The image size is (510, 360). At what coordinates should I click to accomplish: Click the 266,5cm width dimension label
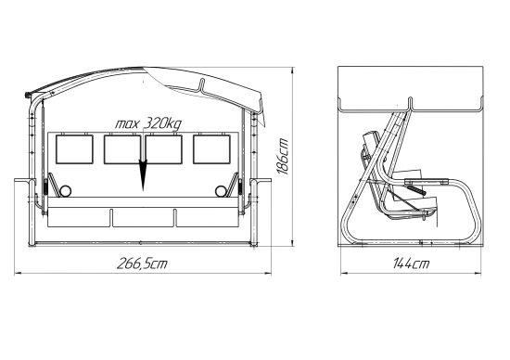coord(142,264)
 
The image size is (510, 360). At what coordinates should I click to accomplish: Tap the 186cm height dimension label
coord(283,157)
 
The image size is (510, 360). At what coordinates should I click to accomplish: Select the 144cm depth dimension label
coord(411,264)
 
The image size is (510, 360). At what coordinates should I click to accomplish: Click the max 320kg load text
coord(148,123)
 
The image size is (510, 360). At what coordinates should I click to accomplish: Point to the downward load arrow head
coord(143,174)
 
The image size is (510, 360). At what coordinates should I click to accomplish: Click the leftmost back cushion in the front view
coord(74,149)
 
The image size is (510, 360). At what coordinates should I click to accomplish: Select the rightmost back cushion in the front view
coord(211,149)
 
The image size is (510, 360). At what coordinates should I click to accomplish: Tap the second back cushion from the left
coord(122,149)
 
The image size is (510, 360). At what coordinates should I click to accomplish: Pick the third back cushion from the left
coord(163,149)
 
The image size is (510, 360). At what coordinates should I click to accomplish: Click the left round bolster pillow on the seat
coord(65,191)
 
